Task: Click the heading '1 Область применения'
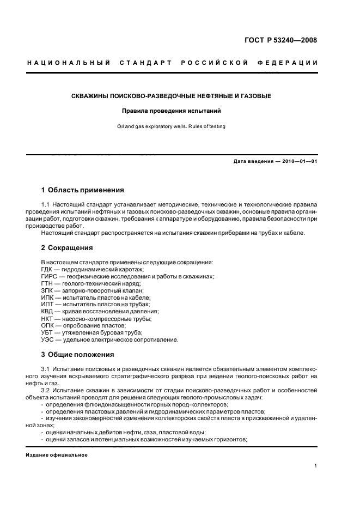click(x=83, y=190)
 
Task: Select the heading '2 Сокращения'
click(x=67, y=247)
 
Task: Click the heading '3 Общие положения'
click(x=78, y=354)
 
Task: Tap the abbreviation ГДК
click(x=49, y=269)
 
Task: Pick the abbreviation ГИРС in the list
click(x=51, y=276)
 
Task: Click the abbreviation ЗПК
click(x=48, y=290)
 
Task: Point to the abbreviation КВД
click(x=48, y=312)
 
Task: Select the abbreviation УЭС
click(x=48, y=340)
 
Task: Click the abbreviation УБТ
click(x=48, y=333)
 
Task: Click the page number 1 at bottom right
click(x=316, y=466)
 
